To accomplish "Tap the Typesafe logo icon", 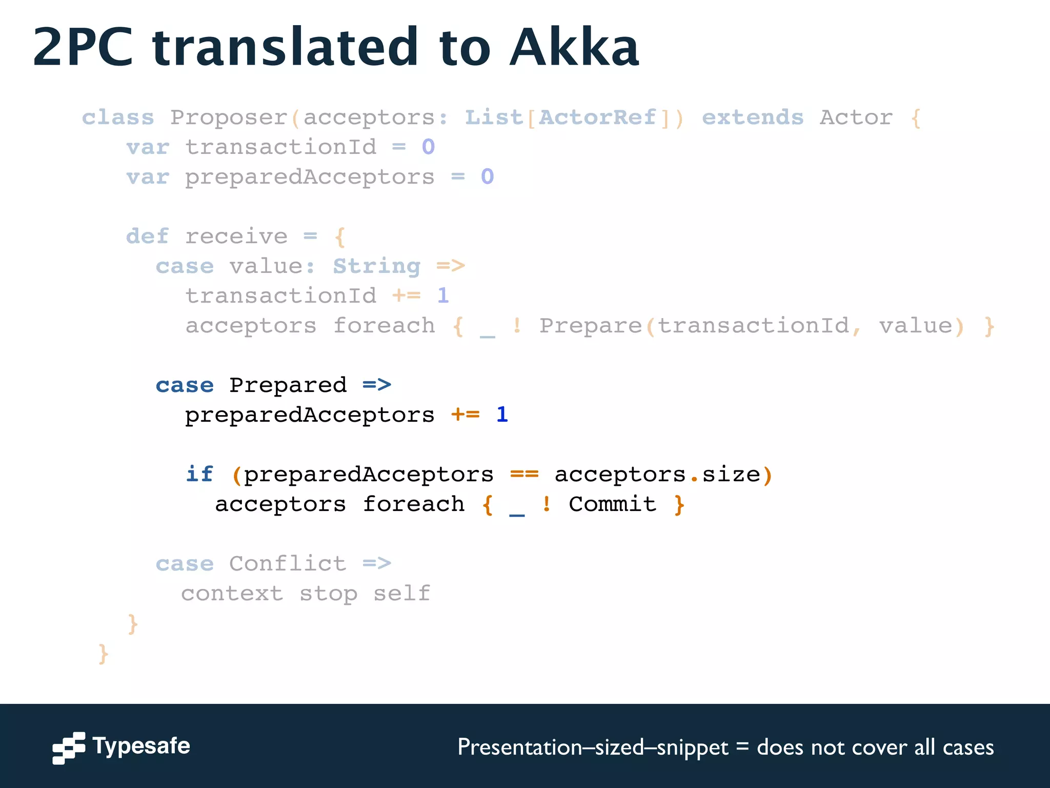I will [69, 747].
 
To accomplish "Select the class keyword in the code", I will [118, 117].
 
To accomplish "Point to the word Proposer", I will [229, 117].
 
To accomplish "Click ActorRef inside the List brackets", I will [597, 117].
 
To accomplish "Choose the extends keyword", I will [752, 117].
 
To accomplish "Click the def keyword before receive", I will [147, 237].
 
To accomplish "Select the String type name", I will [377, 266].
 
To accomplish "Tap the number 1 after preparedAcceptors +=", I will [502, 415].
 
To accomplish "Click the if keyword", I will [199, 474].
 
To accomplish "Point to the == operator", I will [524, 474].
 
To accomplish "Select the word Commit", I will [613, 504].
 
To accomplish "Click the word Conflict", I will [288, 563].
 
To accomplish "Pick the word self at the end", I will [401, 594].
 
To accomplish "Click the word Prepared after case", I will [288, 385].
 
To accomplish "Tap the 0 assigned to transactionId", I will [428, 147].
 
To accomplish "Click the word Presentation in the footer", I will [519, 747].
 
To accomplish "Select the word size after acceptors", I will [731, 474].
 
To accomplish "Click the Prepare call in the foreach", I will [590, 326].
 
